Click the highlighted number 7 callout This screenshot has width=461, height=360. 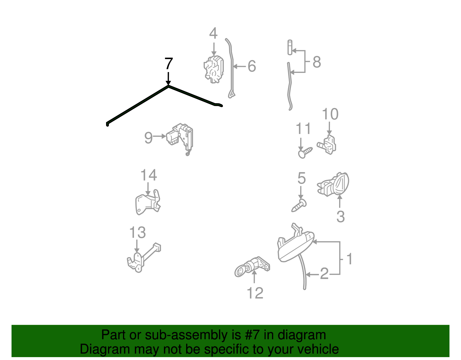point(169,63)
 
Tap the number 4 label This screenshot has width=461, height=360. point(213,33)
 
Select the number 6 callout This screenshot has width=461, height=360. point(252,66)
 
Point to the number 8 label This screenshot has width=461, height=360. point(317,62)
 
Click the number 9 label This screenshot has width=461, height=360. point(148,138)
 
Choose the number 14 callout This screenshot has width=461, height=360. point(149,175)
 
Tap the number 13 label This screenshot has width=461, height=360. point(137,232)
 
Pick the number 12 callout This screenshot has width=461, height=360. point(255,293)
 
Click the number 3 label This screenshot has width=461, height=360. point(341,216)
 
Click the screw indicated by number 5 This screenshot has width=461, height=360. point(299,205)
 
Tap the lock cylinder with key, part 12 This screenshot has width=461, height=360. point(252,267)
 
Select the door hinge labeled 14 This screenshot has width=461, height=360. point(148,202)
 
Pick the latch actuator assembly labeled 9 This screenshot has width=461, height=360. point(180,139)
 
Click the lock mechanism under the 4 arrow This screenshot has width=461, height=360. point(214,69)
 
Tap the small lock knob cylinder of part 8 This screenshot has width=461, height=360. point(290,47)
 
